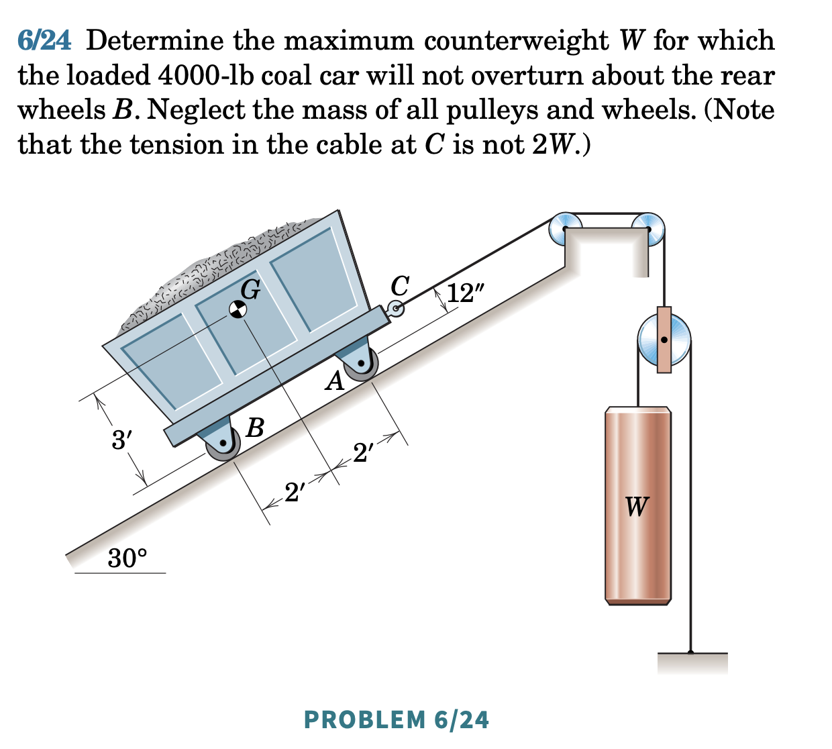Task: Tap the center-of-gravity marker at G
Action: pos(236,309)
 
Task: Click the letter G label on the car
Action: pos(250,289)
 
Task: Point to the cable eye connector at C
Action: pos(396,309)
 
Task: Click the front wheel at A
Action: pos(362,364)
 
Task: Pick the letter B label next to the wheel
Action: pos(255,427)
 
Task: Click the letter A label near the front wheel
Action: pos(334,383)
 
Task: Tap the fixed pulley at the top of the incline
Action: pos(566,229)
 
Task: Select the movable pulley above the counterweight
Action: pos(663,340)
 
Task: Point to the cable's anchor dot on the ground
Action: pos(690,652)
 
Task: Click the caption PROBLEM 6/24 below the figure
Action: pos(396,719)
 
